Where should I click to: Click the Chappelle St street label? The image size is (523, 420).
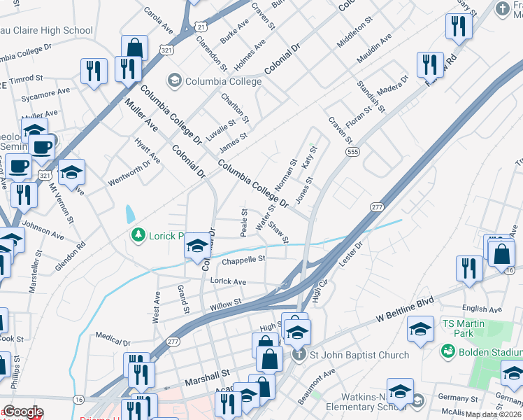tap(243, 260)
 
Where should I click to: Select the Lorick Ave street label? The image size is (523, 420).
tap(228, 281)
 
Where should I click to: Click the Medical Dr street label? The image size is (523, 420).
tap(114, 339)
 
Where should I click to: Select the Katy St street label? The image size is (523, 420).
tap(310, 157)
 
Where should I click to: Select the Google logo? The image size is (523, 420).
tap(23, 412)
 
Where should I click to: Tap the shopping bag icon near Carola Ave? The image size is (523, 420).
tap(134, 50)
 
